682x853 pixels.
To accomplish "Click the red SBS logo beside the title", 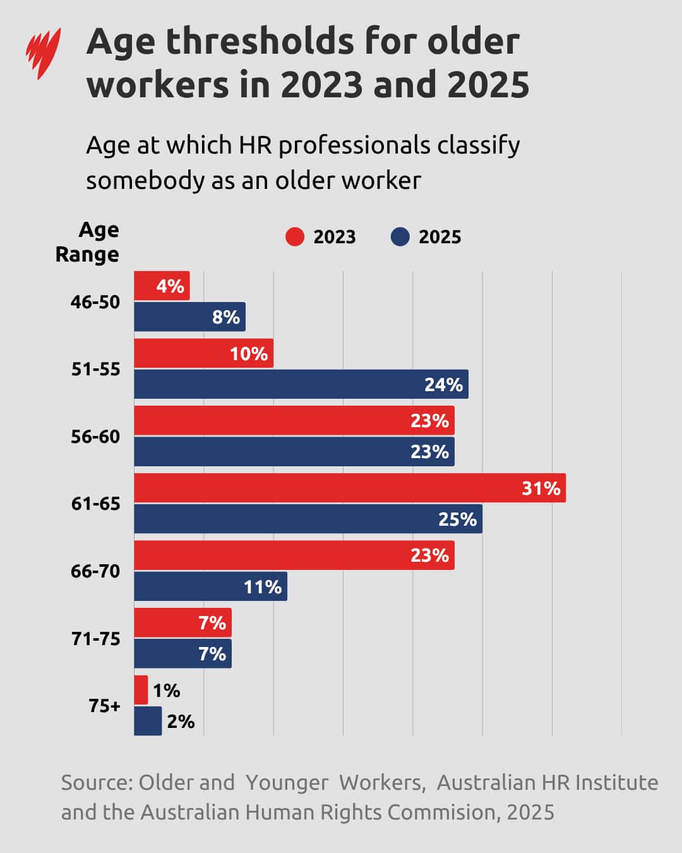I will tap(43, 53).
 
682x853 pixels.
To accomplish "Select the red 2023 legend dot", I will tap(294, 237).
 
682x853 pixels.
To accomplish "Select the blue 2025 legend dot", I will tap(400, 237).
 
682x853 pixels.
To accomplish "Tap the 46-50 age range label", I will tap(95, 302).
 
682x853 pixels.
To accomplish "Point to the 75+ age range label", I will tap(104, 706).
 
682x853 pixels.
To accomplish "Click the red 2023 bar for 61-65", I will tap(349, 488).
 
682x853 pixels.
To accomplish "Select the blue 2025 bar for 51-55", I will tap(301, 384).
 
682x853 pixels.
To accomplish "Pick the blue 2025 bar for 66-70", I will tap(210, 586).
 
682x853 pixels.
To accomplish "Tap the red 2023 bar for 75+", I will tap(141, 690).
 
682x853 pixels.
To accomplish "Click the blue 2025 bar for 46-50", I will tap(189, 317).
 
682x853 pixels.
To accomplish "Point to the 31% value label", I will tap(541, 488).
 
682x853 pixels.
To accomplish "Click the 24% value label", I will tap(443, 385).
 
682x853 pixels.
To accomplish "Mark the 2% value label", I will tap(181, 722).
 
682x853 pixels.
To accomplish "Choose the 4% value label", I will tap(170, 286).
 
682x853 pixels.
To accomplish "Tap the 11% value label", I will tap(263, 587).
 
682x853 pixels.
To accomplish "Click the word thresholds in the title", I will tap(260, 42).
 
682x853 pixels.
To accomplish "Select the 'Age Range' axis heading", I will tap(88, 242).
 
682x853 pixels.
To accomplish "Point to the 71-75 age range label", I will tap(95, 639).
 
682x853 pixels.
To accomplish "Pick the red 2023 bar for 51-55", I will tap(203, 353).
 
